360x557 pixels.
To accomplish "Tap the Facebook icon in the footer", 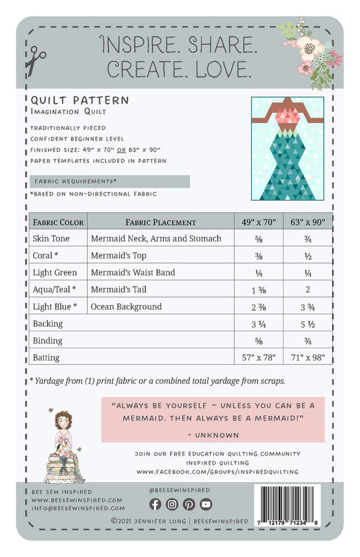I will click(155, 504).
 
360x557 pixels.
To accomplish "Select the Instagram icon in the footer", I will click(172, 504).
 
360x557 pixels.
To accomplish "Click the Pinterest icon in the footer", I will click(189, 504).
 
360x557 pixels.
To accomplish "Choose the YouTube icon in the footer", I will click(206, 504).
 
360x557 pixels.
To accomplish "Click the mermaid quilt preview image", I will click(287, 149).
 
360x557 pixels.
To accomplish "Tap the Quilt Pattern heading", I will click(80, 100).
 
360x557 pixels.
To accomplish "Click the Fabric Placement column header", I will click(161, 222).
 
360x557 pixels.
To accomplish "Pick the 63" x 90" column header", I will click(308, 222).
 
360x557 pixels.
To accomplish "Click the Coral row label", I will click(45, 255).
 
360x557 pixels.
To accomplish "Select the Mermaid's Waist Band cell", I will click(133, 272).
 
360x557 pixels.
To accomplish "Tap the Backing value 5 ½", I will click(308, 324).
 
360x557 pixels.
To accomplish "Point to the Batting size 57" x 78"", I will click(259, 357).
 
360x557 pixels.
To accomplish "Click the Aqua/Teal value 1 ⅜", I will click(259, 290).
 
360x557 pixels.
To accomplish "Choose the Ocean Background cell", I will click(126, 306).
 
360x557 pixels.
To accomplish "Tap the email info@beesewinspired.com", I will click(78, 508).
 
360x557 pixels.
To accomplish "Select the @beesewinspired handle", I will click(180, 490).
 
